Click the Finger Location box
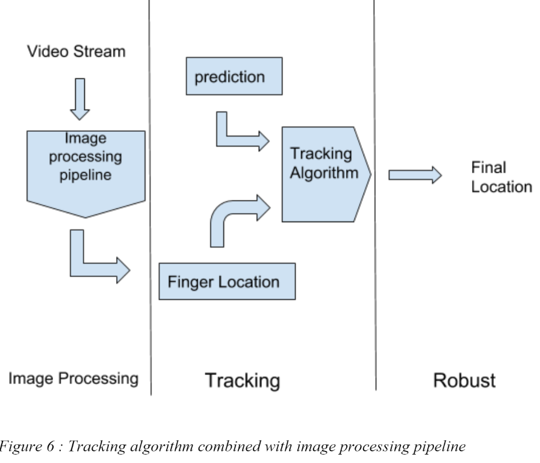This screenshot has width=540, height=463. click(x=227, y=282)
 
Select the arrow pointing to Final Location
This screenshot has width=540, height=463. click(x=415, y=175)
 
